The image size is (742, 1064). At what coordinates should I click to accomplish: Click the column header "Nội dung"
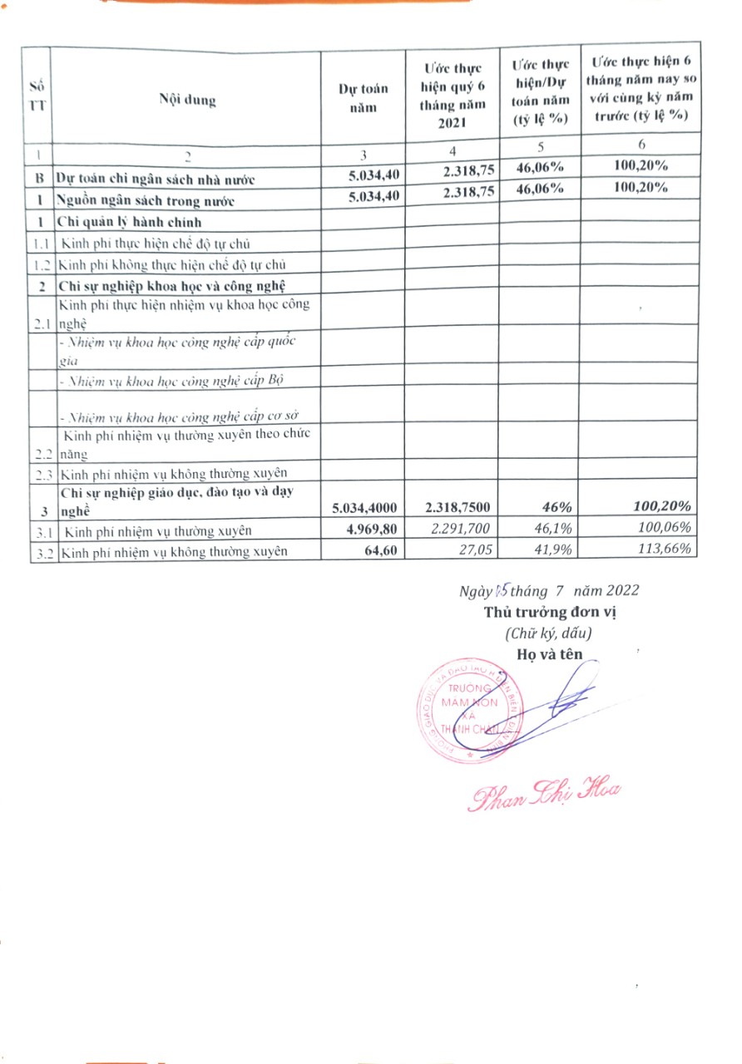[x=187, y=101]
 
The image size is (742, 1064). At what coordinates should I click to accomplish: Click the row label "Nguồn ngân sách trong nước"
[x=145, y=201]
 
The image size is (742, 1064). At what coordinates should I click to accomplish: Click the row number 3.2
[x=42, y=550]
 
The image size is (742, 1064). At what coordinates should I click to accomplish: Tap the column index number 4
[x=452, y=151]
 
